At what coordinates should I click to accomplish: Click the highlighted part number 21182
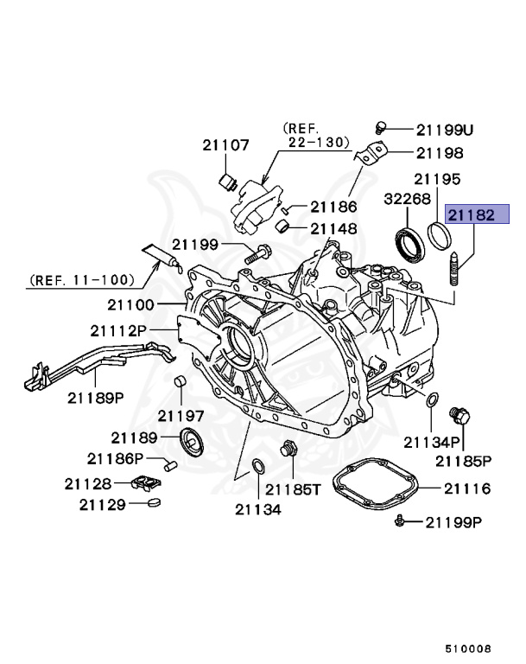point(471,215)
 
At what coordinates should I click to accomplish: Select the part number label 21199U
point(445,130)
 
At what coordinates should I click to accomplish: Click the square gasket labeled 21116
point(375,488)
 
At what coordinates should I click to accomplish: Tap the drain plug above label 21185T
point(289,450)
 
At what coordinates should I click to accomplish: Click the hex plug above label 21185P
point(462,417)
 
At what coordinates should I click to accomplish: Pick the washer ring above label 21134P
point(431,399)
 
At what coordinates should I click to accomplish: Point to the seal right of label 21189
point(192,441)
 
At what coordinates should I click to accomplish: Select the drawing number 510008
point(468,646)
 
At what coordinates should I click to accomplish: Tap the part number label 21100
point(130,304)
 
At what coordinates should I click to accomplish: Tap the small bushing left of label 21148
point(282,227)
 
